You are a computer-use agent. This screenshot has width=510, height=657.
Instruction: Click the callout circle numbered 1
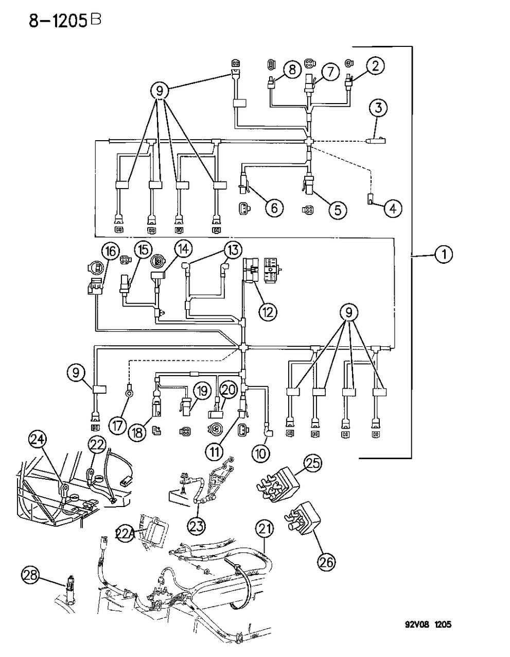coord(443,254)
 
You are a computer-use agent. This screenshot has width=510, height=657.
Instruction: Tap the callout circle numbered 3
coord(378,108)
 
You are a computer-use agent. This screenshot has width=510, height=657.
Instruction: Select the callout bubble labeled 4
coord(392,209)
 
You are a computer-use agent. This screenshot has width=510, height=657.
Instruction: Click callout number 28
coord(30,575)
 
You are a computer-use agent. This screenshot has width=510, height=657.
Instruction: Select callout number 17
coord(117,426)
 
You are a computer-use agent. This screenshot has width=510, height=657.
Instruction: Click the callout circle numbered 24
coord(37,440)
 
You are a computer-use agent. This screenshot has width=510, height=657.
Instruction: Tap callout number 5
coord(338,209)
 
